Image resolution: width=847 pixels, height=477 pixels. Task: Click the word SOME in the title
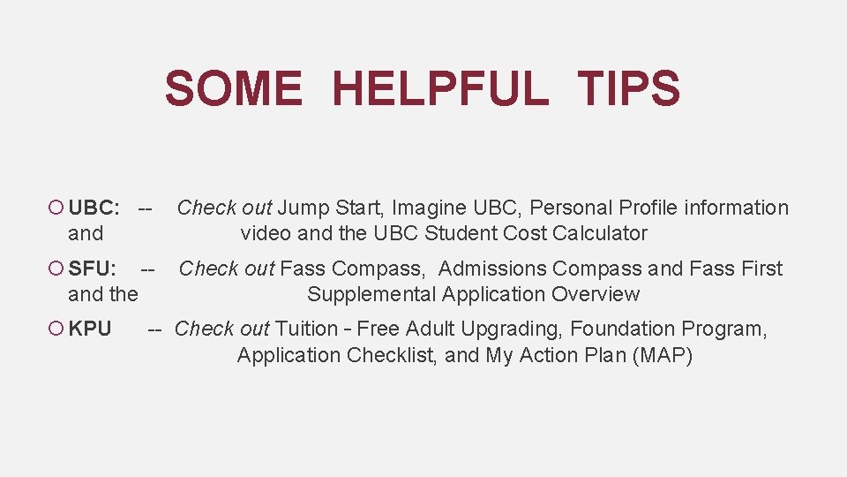(x=232, y=89)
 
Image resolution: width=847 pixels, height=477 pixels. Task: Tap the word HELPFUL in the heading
(x=440, y=89)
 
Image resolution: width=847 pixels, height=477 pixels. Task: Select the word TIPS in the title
(x=628, y=89)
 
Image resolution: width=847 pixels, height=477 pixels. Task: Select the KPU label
(x=90, y=329)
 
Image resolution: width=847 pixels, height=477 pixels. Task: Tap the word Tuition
(x=306, y=329)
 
